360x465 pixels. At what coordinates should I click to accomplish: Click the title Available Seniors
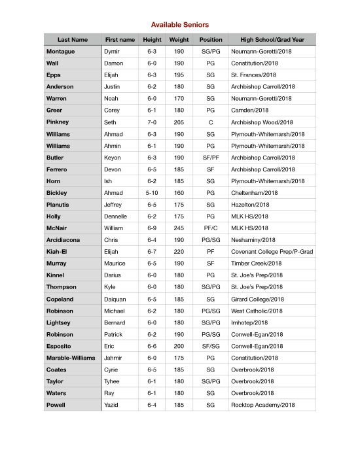(180, 24)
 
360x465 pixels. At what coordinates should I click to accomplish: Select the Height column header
(152, 39)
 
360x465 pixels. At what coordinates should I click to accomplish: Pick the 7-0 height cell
(152, 122)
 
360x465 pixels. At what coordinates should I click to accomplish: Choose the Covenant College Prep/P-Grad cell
(268, 252)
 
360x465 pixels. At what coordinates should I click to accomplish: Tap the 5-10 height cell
(152, 192)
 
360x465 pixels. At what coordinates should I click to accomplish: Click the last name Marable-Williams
(71, 358)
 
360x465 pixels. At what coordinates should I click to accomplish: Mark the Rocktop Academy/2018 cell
(263, 405)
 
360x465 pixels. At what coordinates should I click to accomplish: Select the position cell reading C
(211, 122)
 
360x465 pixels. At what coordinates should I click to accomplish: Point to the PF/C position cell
(211, 228)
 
